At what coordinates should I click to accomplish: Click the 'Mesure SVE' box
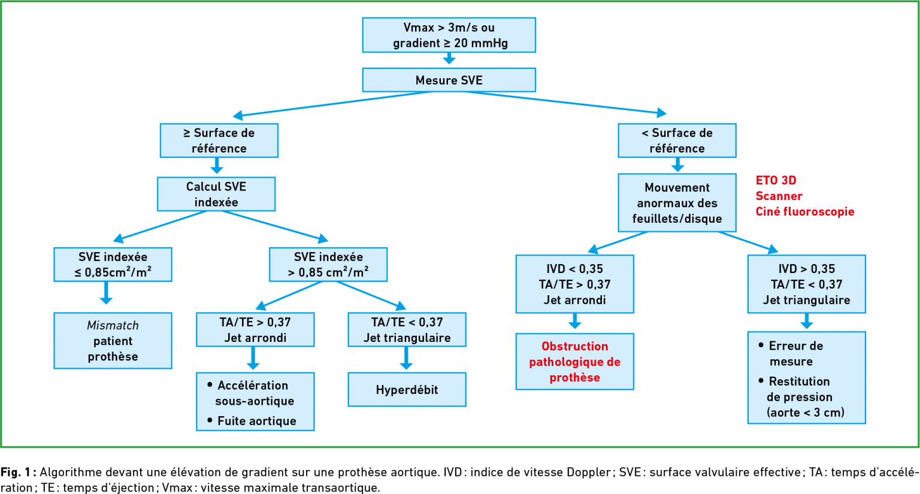pyautogui.click(x=449, y=80)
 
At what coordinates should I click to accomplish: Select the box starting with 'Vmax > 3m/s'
pyautogui.click(x=449, y=35)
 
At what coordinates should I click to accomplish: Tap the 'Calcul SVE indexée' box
pyautogui.click(x=216, y=194)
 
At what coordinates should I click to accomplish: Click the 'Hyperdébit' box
pyautogui.click(x=407, y=389)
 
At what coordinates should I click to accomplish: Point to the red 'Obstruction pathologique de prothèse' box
pyautogui.click(x=574, y=361)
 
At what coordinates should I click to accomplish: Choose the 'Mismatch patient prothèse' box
pyautogui.click(x=113, y=341)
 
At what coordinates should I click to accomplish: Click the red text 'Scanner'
pyautogui.click(x=779, y=196)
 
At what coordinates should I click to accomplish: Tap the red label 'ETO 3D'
pyautogui.click(x=776, y=180)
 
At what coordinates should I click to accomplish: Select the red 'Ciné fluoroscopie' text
pyautogui.click(x=805, y=211)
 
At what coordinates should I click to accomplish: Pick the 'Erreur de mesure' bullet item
pyautogui.click(x=791, y=353)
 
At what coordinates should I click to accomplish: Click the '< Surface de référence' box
pyautogui.click(x=677, y=141)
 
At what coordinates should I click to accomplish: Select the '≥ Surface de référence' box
pyautogui.click(x=219, y=141)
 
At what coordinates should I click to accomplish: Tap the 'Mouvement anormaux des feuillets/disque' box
pyautogui.click(x=677, y=202)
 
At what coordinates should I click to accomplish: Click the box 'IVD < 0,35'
pyautogui.click(x=574, y=284)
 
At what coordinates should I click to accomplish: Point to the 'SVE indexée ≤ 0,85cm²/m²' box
pyautogui.click(x=113, y=265)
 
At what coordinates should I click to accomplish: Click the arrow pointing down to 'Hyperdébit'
pyautogui.click(x=406, y=359)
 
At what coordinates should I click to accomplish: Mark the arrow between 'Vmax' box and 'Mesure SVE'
pyautogui.click(x=449, y=58)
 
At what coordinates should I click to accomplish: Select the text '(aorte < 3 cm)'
pyautogui.click(x=806, y=412)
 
